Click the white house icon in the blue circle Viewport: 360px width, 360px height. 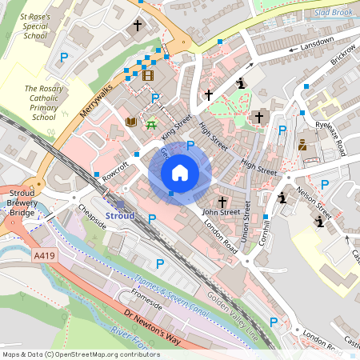click(180, 172)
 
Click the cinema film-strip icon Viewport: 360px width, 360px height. click(148, 76)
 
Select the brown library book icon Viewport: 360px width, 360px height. click(131, 122)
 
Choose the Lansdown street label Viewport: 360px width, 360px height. click(317, 45)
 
